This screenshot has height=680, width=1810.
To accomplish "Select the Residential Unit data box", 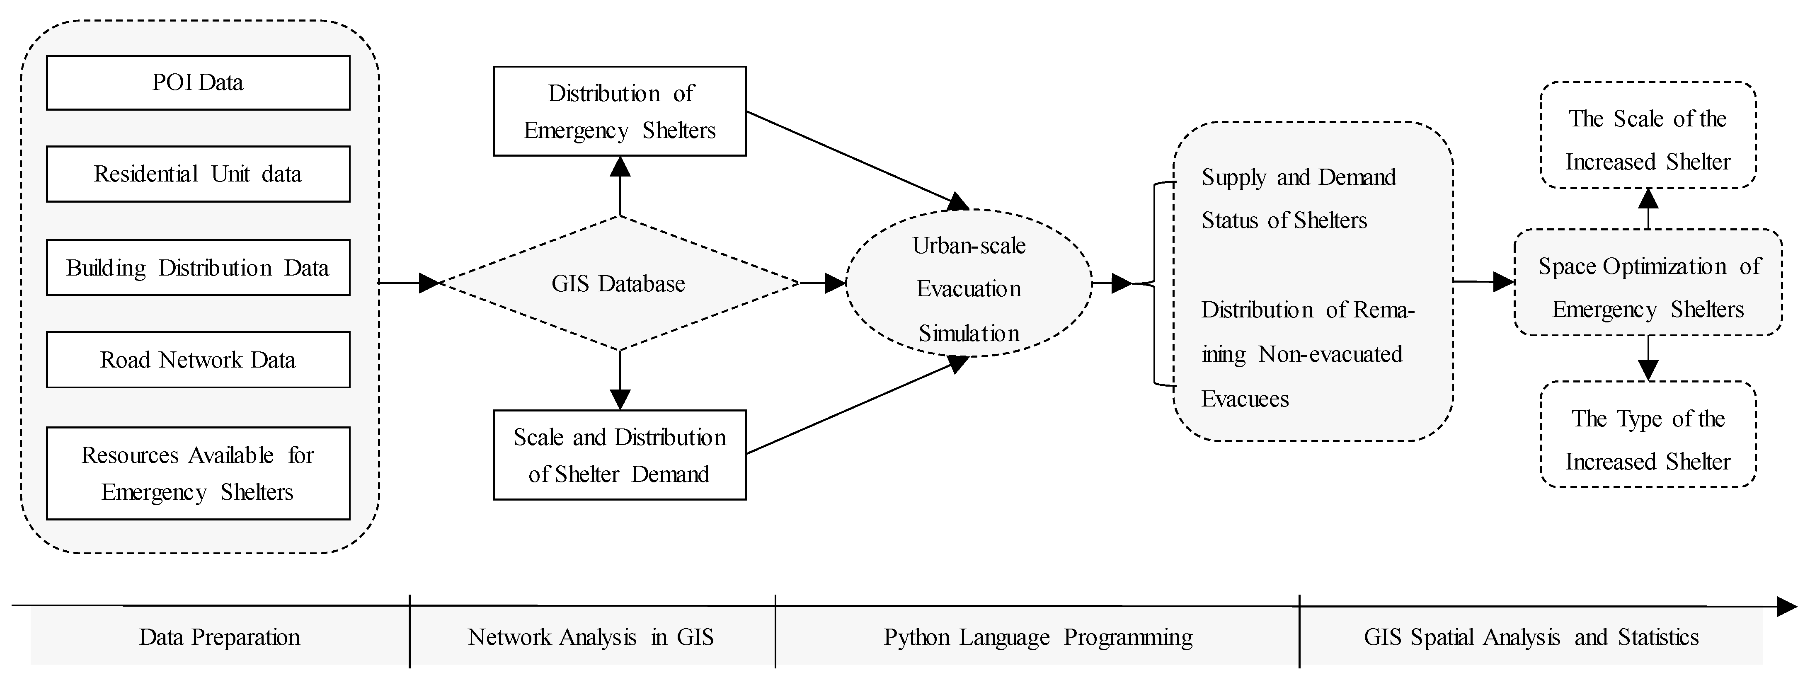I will tap(198, 174).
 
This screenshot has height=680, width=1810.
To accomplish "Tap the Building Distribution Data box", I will tap(198, 268).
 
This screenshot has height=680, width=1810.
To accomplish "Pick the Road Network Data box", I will tap(198, 360).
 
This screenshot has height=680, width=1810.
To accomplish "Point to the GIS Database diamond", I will tap(618, 283).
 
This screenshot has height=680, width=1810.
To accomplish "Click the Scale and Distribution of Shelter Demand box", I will tap(620, 455).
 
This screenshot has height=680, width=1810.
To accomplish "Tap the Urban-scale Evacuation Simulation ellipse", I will tap(969, 289).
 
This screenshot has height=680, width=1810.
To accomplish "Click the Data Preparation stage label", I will tap(219, 637).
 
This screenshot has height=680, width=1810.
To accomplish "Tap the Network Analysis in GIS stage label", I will tap(591, 637).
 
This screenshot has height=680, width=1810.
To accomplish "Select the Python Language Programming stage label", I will tap(1038, 637).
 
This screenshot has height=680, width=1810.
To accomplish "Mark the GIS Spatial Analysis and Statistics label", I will tap(1531, 637).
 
